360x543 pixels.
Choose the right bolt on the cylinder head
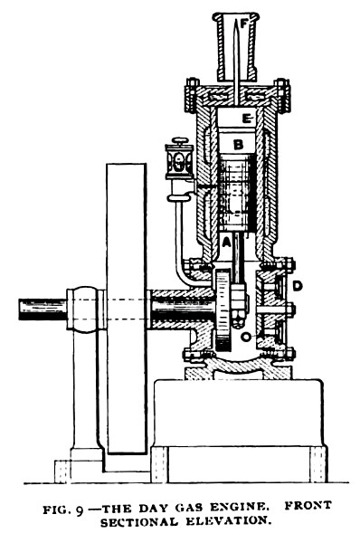pyautogui.click(x=282, y=89)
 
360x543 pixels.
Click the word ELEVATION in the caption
pyautogui.click(x=223, y=517)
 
